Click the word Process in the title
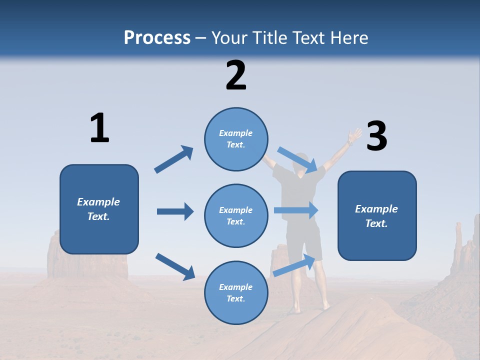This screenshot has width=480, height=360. (x=157, y=38)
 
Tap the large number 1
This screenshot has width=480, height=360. (x=99, y=128)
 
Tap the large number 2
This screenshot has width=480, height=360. (x=236, y=75)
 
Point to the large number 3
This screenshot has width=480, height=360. (x=376, y=136)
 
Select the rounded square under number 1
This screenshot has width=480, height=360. (x=99, y=209)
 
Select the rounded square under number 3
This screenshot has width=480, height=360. (x=377, y=215)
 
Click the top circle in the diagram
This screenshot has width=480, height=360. (x=236, y=139)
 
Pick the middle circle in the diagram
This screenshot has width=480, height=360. (x=236, y=215)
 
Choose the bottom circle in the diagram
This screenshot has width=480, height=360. (x=236, y=292)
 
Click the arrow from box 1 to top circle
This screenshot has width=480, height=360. (x=174, y=159)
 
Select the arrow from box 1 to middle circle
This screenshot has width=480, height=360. (x=175, y=211)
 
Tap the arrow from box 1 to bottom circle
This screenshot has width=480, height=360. (x=175, y=266)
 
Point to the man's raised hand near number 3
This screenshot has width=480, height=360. (x=355, y=135)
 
